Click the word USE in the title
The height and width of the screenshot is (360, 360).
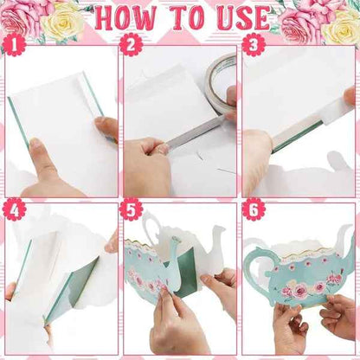[x=252, y=18]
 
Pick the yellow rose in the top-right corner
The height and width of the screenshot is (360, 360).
[x=340, y=26]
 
